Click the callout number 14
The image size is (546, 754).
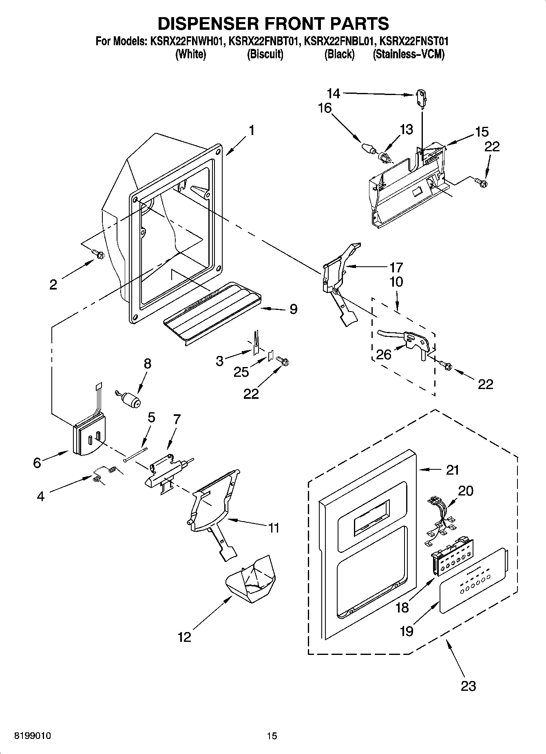333,94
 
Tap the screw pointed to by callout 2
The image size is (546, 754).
99,254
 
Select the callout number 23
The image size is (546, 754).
468,686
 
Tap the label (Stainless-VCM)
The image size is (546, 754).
408,54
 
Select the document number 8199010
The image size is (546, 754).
33,736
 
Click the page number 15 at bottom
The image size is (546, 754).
272,736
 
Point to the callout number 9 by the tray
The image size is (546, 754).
293,309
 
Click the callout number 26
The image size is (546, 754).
384,354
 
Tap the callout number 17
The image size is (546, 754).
396,268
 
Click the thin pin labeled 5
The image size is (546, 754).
135,454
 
